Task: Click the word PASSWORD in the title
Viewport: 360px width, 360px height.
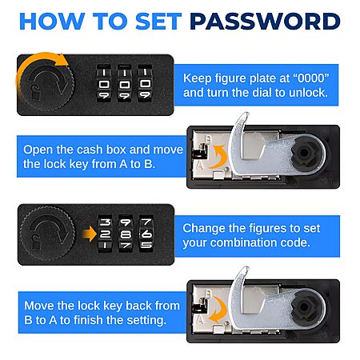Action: (x=265, y=22)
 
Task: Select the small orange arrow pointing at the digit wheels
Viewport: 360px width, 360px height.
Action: (x=89, y=234)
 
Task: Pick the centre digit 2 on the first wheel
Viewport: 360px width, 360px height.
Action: (x=105, y=234)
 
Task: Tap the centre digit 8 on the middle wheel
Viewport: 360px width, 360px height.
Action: (x=126, y=234)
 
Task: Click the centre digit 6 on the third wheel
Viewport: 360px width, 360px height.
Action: (x=146, y=234)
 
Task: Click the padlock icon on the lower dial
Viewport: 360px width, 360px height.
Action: (x=35, y=242)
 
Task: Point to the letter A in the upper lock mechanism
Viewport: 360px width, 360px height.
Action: (x=200, y=166)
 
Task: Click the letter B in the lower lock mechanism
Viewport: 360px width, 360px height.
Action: (x=208, y=294)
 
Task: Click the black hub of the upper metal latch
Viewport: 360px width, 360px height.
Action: (x=305, y=153)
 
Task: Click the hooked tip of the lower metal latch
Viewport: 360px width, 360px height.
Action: (x=246, y=270)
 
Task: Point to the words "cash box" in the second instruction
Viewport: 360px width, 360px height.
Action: (x=102, y=150)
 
